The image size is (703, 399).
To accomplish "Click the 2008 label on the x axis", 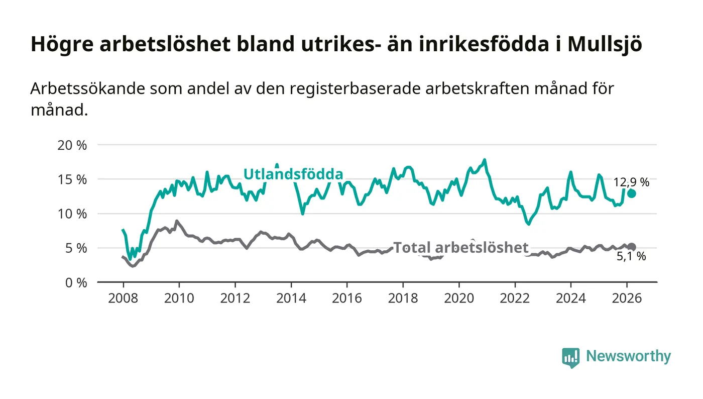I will (x=123, y=298).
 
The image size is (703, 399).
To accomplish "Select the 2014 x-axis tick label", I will (x=291, y=298).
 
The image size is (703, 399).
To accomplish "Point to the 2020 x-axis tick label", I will (x=459, y=298).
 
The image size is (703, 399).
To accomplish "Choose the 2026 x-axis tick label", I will (x=627, y=298).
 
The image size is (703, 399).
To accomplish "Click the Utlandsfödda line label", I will (x=293, y=174).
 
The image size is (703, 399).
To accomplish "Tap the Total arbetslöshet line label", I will (x=460, y=247).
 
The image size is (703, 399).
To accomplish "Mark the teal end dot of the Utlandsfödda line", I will (x=632, y=193).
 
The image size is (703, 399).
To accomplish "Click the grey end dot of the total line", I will (x=632, y=247).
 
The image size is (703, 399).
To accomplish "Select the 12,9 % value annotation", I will (x=631, y=182).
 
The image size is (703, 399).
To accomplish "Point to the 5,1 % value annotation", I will (x=631, y=257).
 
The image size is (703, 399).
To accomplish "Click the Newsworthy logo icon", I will (x=570, y=357).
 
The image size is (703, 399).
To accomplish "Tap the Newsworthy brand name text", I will (x=628, y=356).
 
